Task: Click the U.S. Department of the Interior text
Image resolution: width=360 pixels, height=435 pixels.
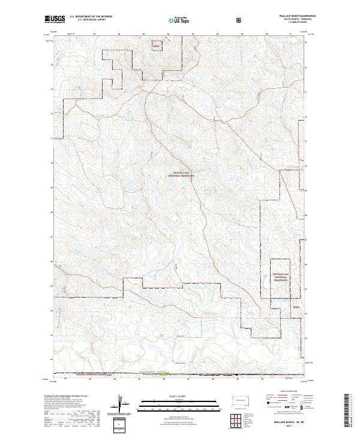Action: pyautogui.click(x=91, y=17)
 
